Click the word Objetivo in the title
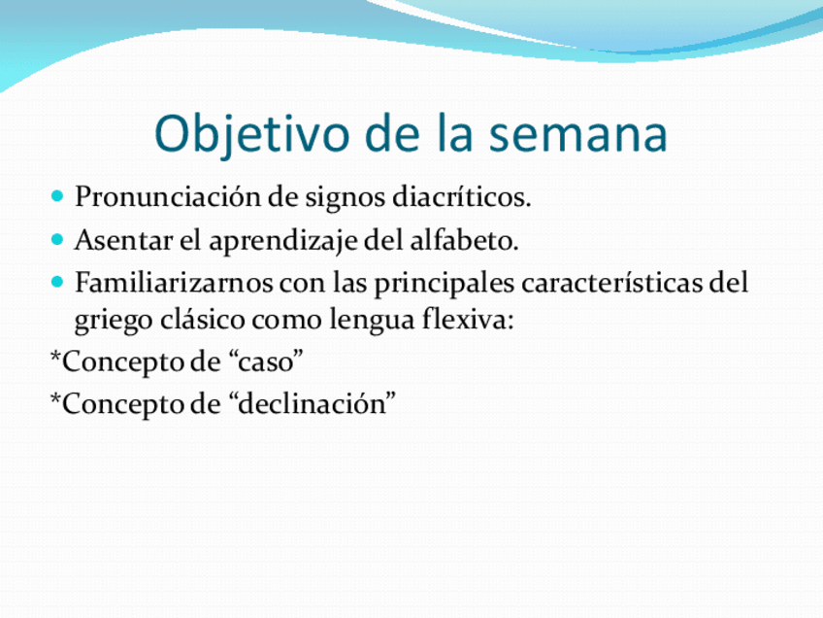(x=252, y=134)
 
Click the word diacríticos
(x=462, y=197)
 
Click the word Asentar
(x=124, y=241)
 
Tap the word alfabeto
(x=465, y=240)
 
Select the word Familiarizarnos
(x=174, y=283)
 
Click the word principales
(x=444, y=286)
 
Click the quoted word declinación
(x=313, y=403)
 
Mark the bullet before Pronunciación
(x=57, y=197)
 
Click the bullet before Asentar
(x=57, y=240)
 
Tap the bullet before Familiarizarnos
(x=57, y=283)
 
